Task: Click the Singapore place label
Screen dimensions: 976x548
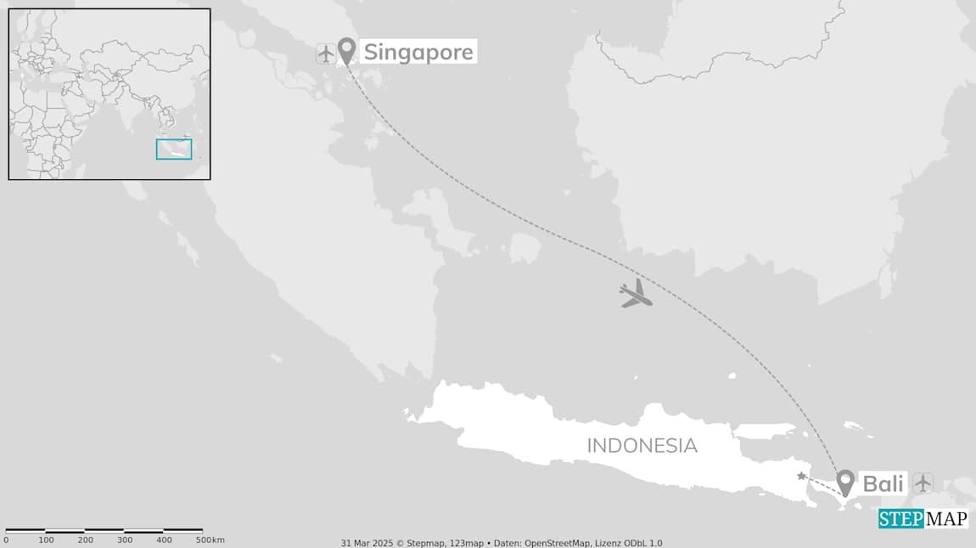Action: [x=418, y=53]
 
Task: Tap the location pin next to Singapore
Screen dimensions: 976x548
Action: [x=346, y=50]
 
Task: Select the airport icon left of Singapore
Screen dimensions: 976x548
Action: [x=326, y=54]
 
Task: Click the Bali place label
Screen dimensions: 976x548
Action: [x=883, y=483]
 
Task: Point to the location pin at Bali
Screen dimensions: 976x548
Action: [x=845, y=482]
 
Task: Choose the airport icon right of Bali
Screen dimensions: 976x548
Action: [x=923, y=483]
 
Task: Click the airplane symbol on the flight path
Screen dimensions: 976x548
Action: [x=636, y=294]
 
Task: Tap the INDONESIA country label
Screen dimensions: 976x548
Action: [x=642, y=445]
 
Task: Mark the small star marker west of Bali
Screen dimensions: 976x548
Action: [x=801, y=476]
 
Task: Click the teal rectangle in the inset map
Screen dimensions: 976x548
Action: [x=174, y=150]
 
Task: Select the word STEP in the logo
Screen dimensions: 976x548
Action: [x=900, y=519]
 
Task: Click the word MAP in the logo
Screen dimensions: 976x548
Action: [x=945, y=519]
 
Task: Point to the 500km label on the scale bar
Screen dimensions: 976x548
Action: [x=210, y=540]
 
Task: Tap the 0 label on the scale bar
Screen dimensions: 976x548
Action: [x=6, y=540]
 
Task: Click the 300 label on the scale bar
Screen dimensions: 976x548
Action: [x=125, y=540]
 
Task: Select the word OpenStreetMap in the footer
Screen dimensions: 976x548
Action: [x=559, y=543]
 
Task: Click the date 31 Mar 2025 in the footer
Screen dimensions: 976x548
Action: [x=366, y=543]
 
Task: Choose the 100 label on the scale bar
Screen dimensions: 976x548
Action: [x=46, y=540]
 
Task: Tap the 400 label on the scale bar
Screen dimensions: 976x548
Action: [x=164, y=540]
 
